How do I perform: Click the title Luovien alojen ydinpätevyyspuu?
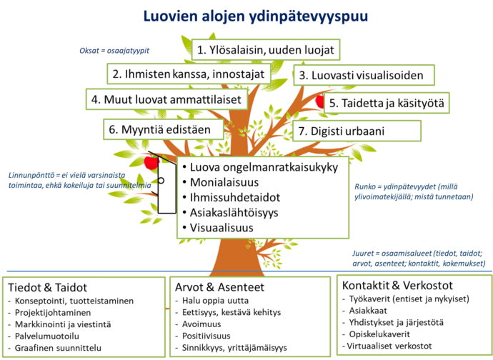pos(256,16)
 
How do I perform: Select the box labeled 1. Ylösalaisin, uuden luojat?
pos(266,50)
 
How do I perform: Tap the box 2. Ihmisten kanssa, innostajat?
pos(189,74)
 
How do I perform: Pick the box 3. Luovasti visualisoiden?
pos(364,75)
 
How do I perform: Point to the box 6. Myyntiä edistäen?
pos(164,129)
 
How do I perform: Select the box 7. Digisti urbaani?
pos(357,131)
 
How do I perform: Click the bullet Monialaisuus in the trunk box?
pos(224,182)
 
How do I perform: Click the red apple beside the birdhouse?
pos(151,162)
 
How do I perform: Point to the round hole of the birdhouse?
pos(161,181)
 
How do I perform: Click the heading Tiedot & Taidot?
pos(47,287)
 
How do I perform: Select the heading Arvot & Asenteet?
pos(219,287)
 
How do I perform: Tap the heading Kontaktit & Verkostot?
pos(397,285)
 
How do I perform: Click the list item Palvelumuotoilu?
pos(47,336)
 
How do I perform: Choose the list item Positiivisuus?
pos(206,336)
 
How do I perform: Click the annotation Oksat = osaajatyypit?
pos(114,51)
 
